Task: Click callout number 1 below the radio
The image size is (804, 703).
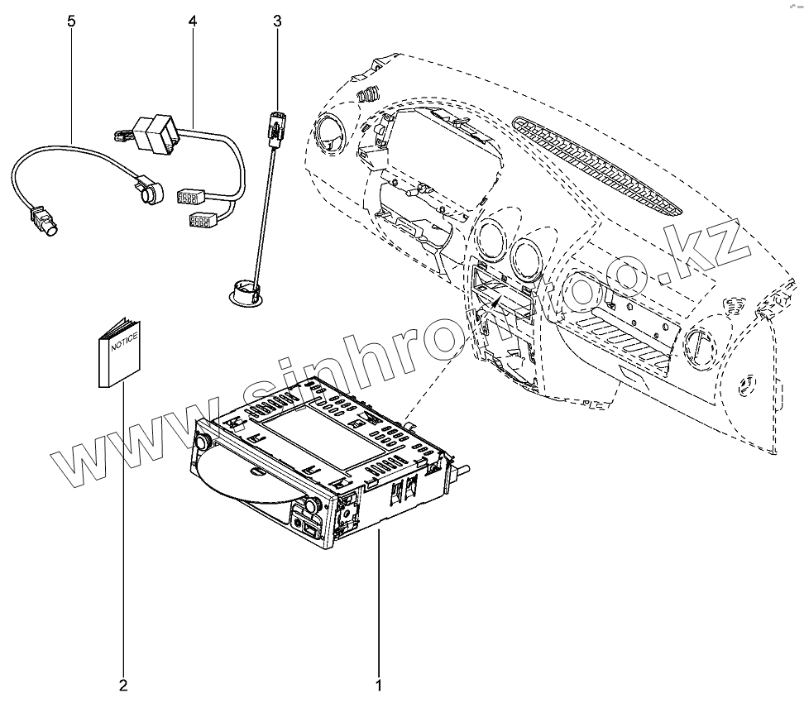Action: click(x=379, y=685)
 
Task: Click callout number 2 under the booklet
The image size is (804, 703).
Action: click(x=123, y=685)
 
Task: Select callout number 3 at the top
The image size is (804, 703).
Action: click(x=276, y=21)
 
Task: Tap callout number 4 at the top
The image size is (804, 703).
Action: click(x=193, y=21)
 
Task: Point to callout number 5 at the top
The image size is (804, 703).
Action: click(x=71, y=21)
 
